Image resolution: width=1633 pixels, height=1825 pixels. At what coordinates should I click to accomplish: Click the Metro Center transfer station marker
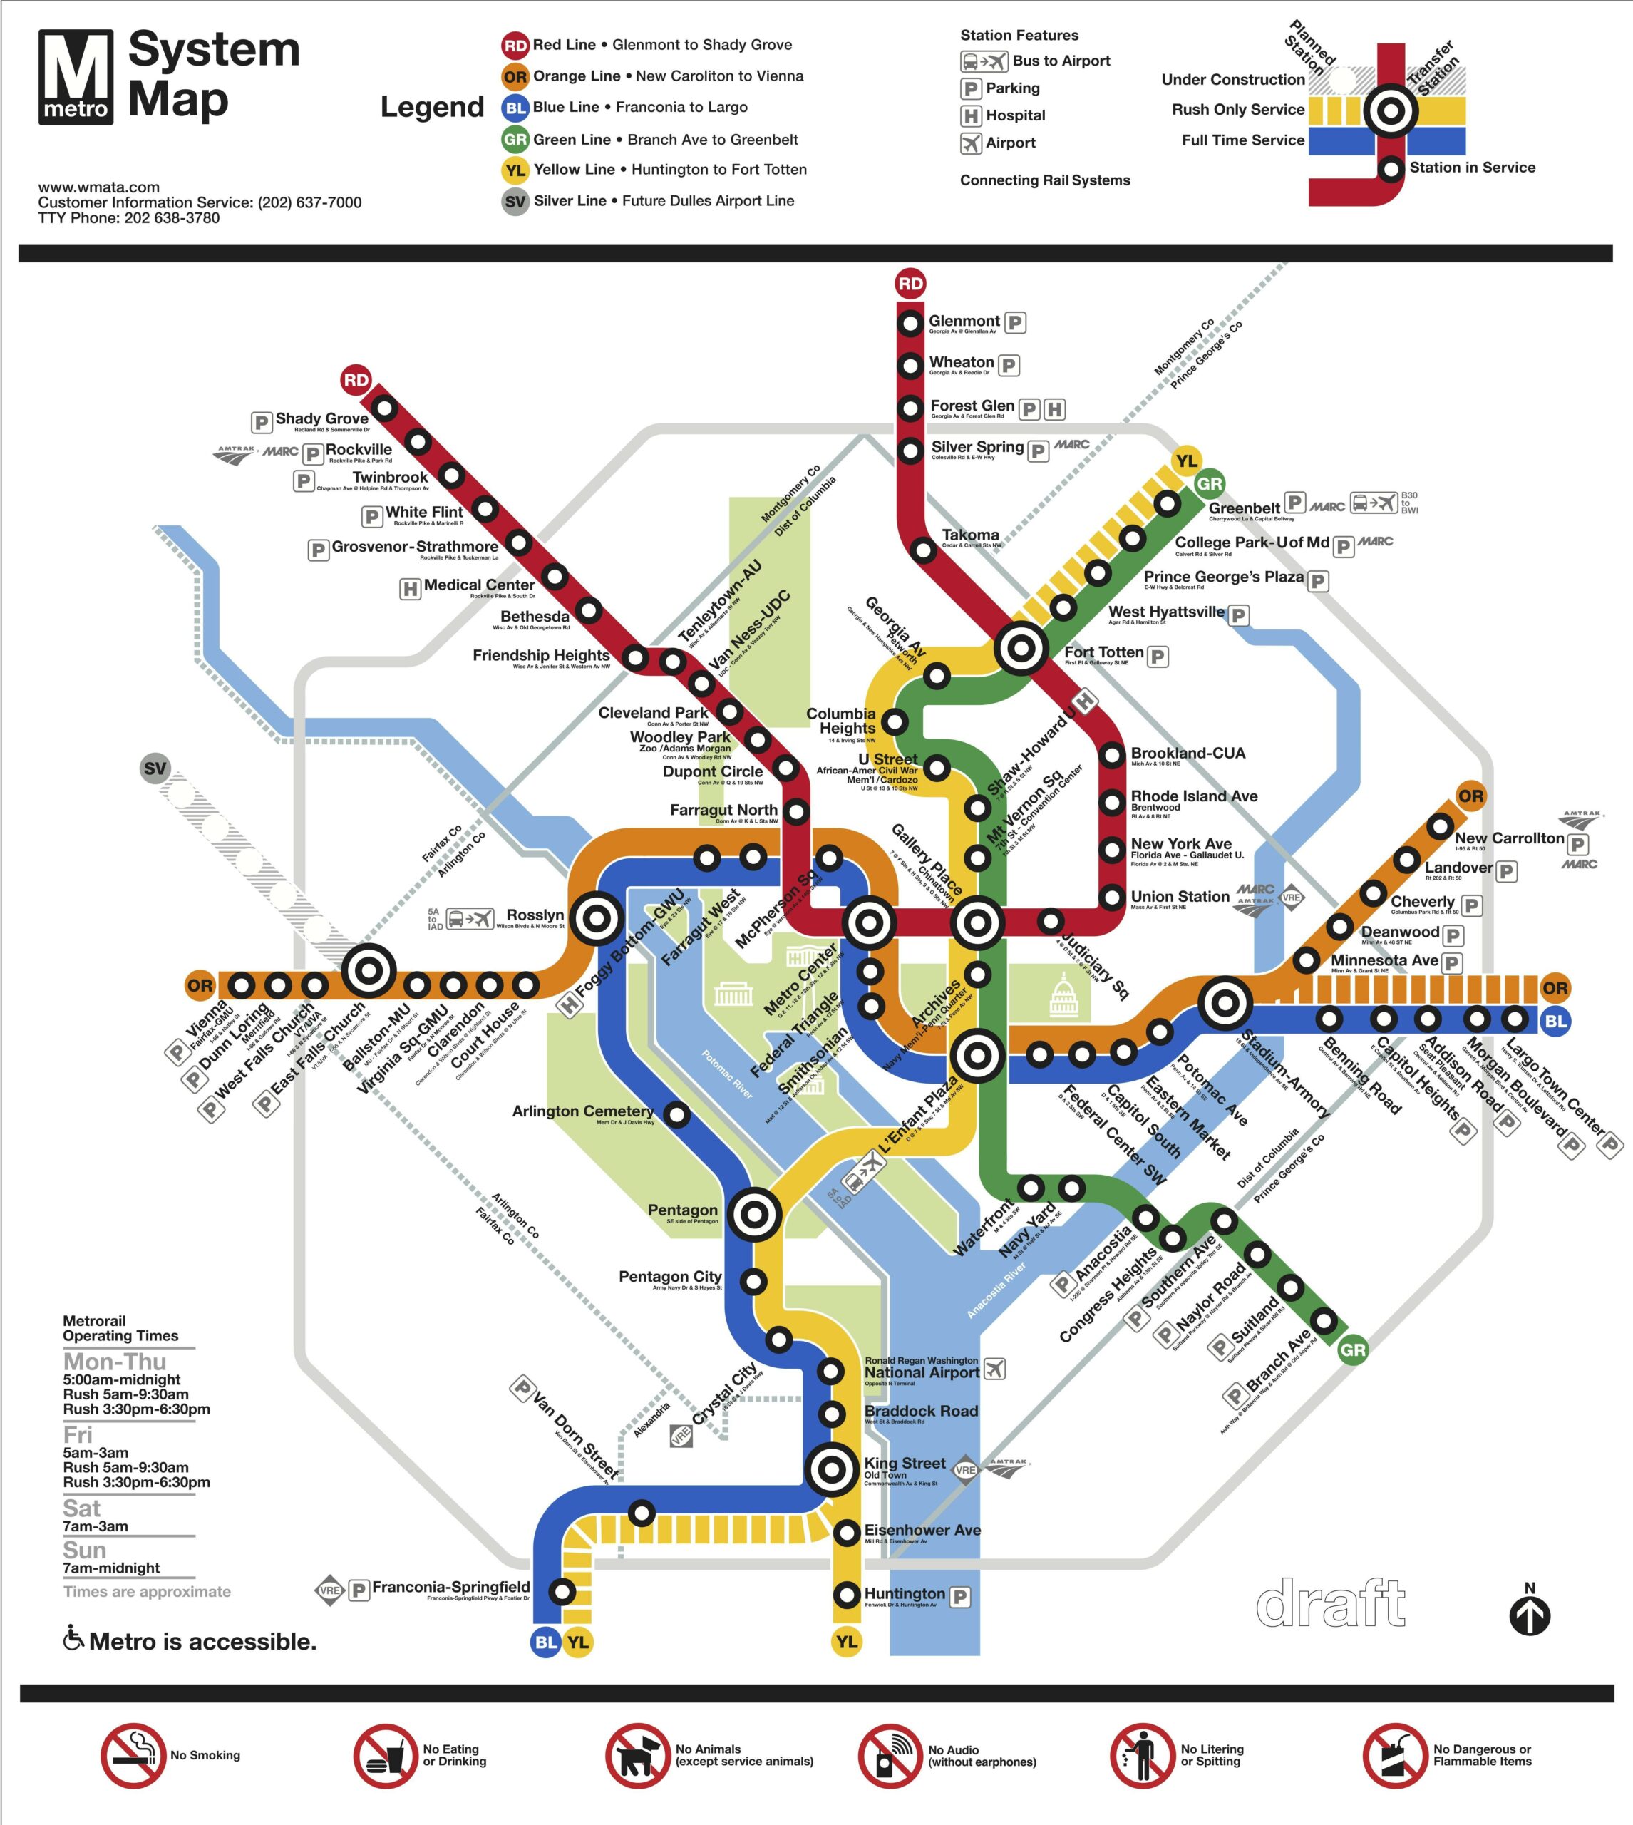click(867, 922)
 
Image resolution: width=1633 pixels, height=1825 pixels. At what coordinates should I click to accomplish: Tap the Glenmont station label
click(964, 322)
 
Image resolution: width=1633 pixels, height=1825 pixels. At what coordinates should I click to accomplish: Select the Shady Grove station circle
click(385, 408)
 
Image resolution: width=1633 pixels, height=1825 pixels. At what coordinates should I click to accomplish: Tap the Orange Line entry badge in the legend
click(515, 76)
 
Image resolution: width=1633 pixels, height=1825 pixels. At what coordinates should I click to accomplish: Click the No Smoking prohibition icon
click(133, 1756)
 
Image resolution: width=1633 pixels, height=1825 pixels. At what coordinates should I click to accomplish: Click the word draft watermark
click(1331, 1604)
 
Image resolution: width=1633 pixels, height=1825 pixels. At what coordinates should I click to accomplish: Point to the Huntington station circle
click(847, 1595)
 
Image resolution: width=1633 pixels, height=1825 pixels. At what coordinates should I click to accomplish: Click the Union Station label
click(1180, 896)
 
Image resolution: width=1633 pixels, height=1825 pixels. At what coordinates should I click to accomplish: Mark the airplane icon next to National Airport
click(994, 1369)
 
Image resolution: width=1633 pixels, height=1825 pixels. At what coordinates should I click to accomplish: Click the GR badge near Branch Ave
click(1352, 1350)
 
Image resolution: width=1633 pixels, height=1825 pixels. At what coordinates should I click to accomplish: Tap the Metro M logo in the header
click(76, 76)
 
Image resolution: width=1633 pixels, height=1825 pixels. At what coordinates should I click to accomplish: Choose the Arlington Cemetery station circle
click(677, 1115)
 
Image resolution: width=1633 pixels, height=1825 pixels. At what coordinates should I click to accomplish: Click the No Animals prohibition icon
click(637, 1756)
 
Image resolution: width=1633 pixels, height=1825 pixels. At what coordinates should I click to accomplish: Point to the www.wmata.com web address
click(98, 187)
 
